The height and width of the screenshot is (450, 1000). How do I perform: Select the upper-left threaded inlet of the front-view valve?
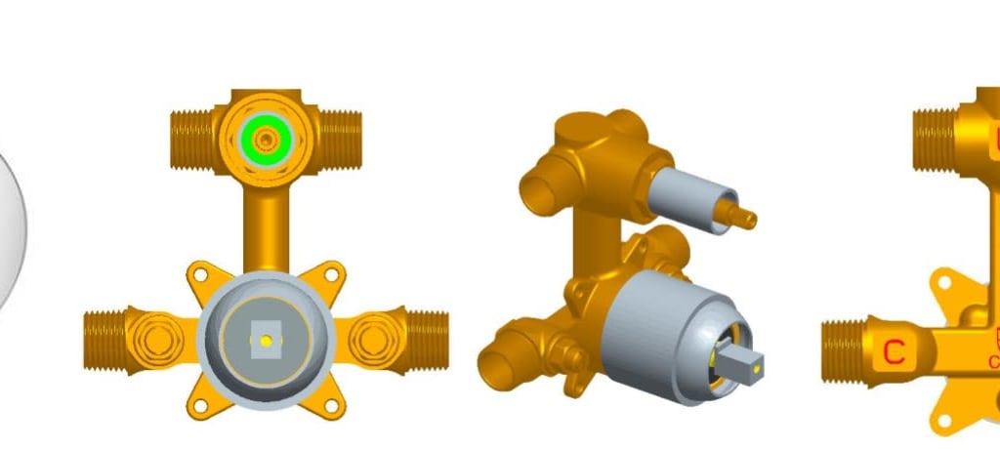192,137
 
